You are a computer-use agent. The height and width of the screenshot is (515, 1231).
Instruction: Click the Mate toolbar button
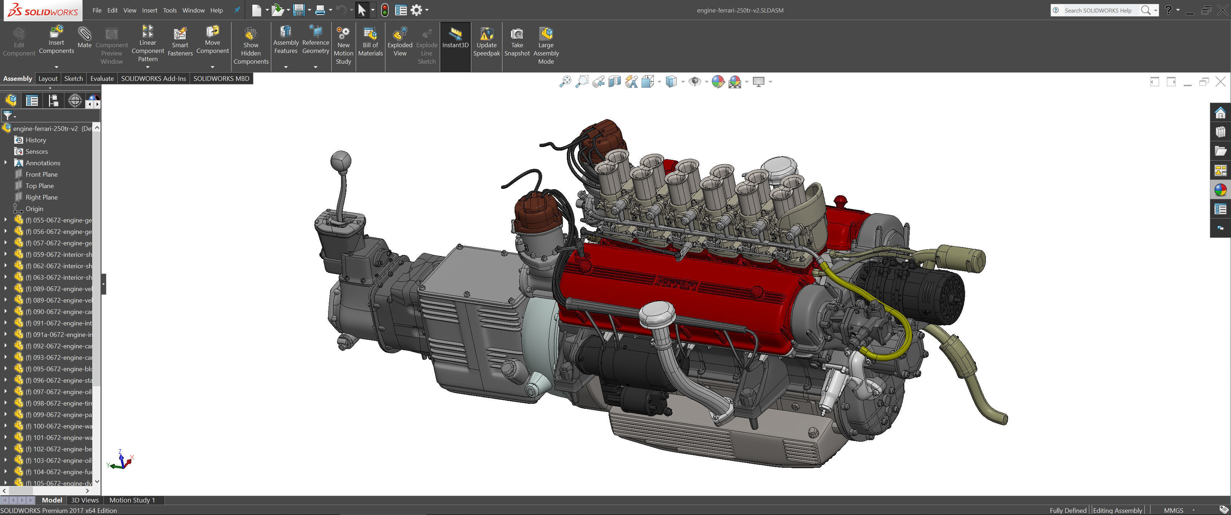(x=84, y=37)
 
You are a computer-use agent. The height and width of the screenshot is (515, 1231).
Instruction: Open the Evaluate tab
(x=102, y=78)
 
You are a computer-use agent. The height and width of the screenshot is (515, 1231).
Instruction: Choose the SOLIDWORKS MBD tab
(x=221, y=78)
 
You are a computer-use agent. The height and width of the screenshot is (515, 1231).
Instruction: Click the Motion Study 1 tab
(x=132, y=500)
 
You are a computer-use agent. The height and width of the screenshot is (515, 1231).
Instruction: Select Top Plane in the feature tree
(x=39, y=186)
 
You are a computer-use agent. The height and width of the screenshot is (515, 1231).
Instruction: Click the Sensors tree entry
(x=36, y=151)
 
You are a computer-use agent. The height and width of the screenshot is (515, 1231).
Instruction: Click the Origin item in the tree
(x=34, y=209)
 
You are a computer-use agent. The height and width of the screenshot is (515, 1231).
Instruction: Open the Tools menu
(x=169, y=10)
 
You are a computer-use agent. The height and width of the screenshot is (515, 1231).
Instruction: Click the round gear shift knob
(x=340, y=161)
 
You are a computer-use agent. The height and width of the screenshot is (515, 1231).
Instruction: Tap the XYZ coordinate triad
(x=121, y=460)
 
